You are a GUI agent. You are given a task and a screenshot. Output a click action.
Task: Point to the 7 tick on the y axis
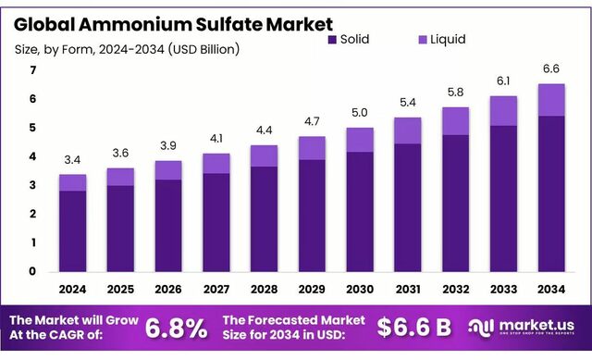pyautogui.click(x=32, y=70)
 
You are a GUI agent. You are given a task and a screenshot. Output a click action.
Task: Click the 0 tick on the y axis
pyautogui.click(x=32, y=272)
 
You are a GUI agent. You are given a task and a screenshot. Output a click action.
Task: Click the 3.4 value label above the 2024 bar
pyautogui.click(x=73, y=160)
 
